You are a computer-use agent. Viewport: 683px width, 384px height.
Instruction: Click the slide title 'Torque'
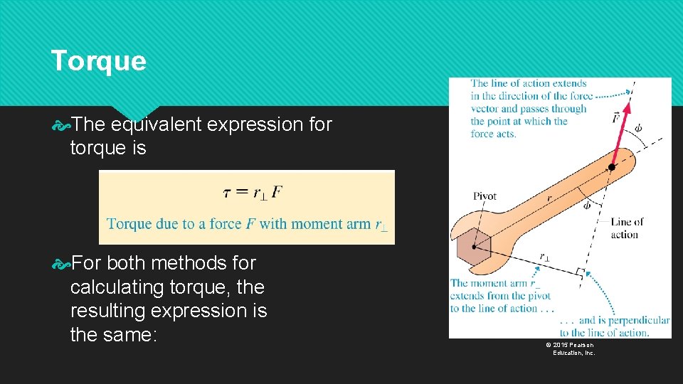(98, 61)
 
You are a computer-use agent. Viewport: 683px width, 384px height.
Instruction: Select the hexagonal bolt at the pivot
(472, 247)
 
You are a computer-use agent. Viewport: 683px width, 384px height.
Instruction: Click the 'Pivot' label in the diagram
(485, 196)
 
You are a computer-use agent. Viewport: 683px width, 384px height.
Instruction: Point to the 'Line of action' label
(626, 228)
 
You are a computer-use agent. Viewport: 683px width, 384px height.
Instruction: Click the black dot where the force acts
(610, 168)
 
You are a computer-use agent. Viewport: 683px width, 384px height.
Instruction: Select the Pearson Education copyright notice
(571, 348)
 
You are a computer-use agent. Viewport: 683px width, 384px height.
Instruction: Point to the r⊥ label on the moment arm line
(544, 257)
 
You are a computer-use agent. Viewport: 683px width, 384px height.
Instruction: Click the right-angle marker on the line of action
(580, 272)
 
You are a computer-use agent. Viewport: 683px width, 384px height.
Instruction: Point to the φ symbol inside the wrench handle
(586, 206)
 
